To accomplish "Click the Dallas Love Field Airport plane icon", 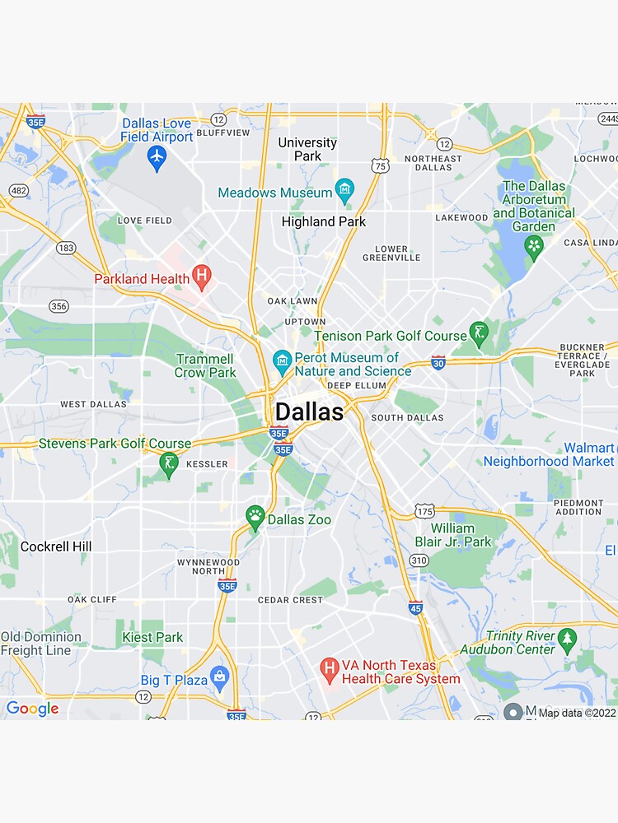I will tap(157, 157).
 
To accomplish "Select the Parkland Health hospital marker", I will tap(201, 277).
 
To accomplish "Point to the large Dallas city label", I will tap(309, 411).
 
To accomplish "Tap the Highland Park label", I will tap(324, 221).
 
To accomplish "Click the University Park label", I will tap(307, 149).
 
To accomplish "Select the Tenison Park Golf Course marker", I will tap(479, 333).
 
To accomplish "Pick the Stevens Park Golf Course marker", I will tap(169, 463).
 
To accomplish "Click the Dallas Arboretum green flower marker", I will tap(534, 246).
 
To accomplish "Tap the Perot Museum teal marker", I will tap(282, 360).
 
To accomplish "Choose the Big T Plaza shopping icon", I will tap(219, 677).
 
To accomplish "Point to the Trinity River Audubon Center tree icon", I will tap(567, 639).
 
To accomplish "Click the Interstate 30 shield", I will tap(438, 362).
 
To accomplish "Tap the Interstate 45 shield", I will tap(415, 607).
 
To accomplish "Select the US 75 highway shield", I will tap(380, 165).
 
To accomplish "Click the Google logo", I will tap(32, 709).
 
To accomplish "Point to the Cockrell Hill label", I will tap(56, 546).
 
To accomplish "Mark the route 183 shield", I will tap(67, 248).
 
